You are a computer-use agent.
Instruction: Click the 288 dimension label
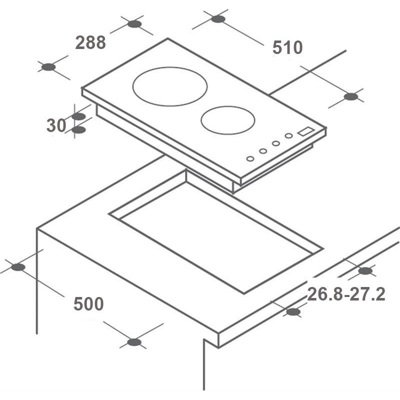pos(90,42)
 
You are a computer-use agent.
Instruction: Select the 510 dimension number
pos(287,47)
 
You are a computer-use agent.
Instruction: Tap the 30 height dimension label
pos(56,125)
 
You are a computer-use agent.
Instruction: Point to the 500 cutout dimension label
pos(88,303)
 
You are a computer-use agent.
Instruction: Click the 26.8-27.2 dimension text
pos(346,294)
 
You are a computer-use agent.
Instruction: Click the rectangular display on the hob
pos(306,131)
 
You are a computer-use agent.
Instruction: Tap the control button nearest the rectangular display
pos(289,135)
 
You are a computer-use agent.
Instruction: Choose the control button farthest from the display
pos(250,158)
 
